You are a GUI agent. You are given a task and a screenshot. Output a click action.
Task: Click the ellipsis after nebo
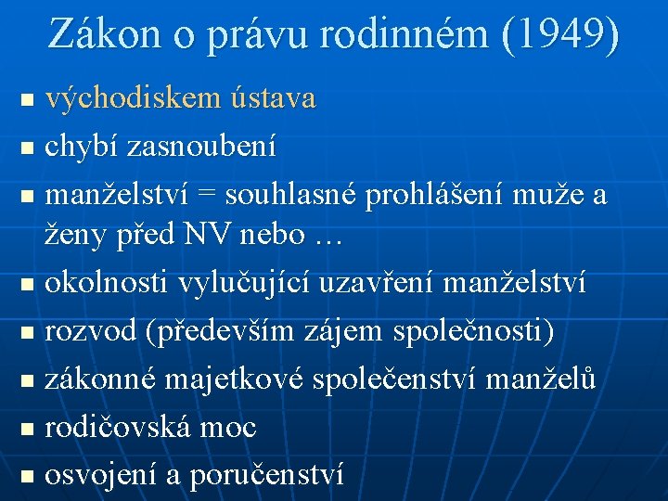326,236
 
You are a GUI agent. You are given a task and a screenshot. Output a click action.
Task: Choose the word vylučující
251,282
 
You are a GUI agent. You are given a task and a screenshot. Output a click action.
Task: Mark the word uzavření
379,282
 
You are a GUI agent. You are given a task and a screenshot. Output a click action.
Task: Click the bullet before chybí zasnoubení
27,148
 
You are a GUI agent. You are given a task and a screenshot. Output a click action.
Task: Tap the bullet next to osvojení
27,477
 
